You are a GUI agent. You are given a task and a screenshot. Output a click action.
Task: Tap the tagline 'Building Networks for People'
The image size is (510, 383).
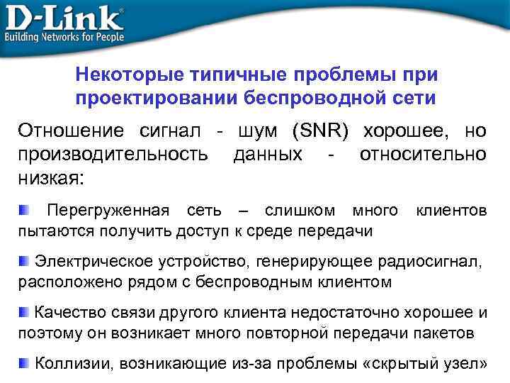point(64,36)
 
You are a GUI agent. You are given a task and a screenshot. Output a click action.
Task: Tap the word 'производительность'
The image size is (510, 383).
point(113,154)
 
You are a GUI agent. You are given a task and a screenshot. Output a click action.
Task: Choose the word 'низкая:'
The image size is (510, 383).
point(50,177)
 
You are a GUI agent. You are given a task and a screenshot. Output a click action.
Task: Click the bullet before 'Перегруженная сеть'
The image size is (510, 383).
point(24,210)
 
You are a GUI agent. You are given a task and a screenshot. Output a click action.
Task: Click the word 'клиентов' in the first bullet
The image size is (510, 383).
point(451,211)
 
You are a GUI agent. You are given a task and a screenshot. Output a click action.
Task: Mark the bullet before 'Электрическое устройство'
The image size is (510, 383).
point(24,262)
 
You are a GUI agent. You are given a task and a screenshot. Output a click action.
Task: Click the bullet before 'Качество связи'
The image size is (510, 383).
point(24,312)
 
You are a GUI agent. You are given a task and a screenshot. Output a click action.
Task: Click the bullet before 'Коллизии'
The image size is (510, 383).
point(24,363)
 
